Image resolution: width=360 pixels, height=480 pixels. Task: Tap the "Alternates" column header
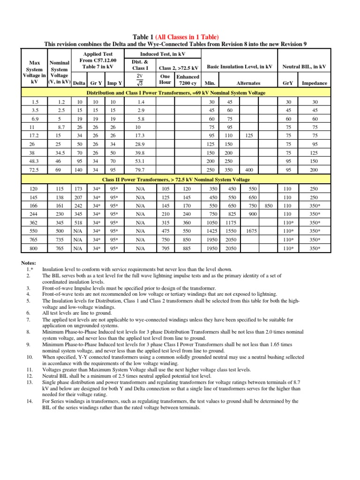(248, 83)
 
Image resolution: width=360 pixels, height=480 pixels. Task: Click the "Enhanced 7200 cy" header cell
(188, 80)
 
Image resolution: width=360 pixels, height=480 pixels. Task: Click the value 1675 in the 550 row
(251, 231)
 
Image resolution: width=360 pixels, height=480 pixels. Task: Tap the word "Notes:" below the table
(29, 262)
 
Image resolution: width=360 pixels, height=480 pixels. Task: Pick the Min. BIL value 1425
(212, 231)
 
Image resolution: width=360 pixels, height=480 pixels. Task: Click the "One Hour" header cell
(165, 80)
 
